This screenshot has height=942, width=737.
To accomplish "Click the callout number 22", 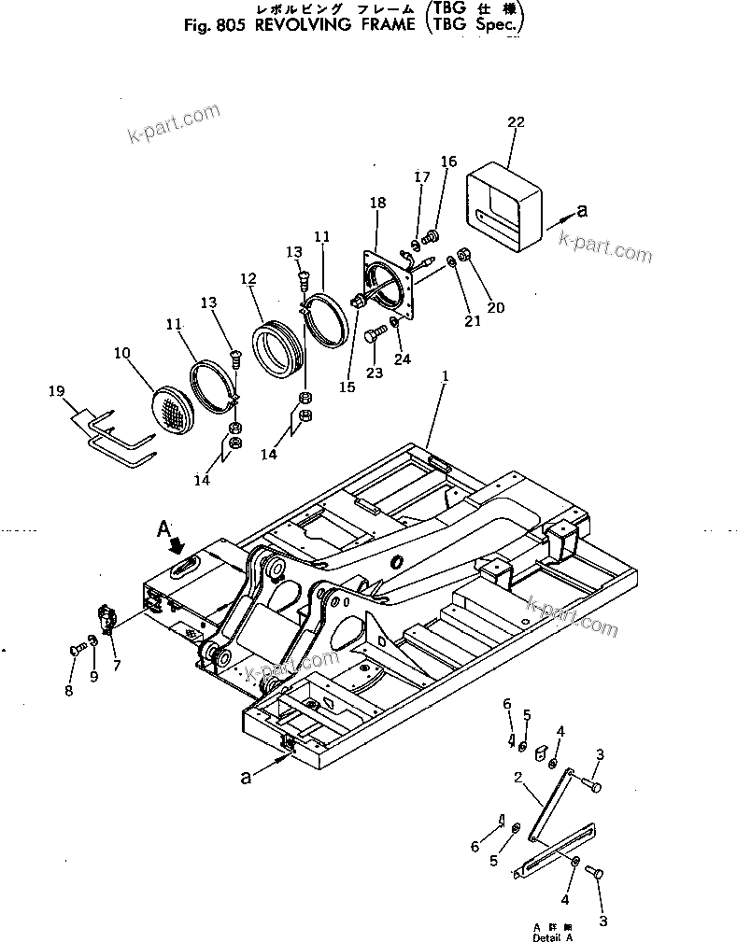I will [516, 122].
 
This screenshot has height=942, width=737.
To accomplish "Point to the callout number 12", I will [248, 278].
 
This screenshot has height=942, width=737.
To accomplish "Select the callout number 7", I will [116, 666].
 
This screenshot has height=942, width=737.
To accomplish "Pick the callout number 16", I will [448, 162].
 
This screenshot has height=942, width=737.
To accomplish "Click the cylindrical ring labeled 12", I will [278, 346].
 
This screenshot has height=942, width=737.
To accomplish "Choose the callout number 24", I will [402, 359].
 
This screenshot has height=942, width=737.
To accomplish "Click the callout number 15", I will [347, 387].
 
